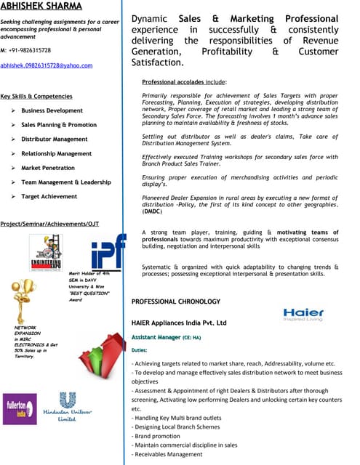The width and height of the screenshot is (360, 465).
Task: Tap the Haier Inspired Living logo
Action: click(303, 315)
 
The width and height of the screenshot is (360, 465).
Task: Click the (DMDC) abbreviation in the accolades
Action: click(153, 211)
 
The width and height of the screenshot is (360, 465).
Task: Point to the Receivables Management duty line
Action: click(167, 454)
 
